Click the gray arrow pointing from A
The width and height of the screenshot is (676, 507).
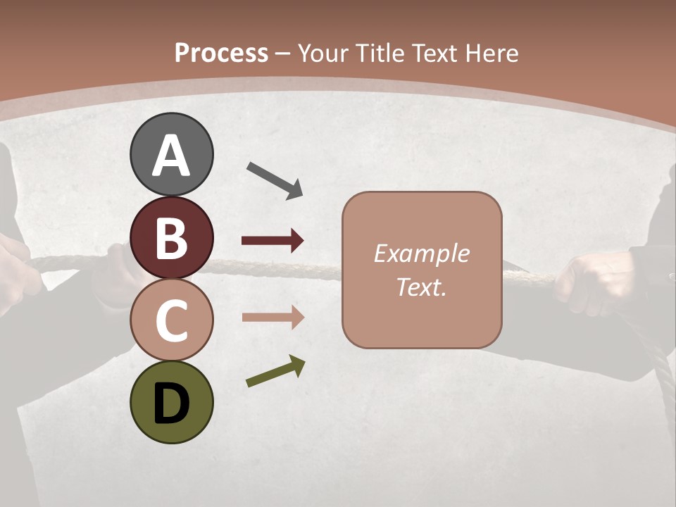coord(275,180)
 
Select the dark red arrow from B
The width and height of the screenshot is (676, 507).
coord(273,241)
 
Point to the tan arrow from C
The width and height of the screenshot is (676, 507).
coord(273,318)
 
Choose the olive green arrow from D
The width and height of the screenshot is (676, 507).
coord(275,371)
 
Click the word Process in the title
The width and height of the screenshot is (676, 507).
coord(221,53)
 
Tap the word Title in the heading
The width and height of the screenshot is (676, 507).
coord(377,53)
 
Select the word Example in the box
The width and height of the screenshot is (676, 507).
coord(421,254)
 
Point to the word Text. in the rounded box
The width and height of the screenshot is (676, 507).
coord(421,287)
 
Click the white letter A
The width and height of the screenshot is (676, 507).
coord(171,156)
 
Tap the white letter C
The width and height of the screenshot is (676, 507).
coord(171,320)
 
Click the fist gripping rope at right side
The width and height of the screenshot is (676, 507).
coord(588,282)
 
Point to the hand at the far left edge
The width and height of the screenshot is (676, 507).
coord(18,268)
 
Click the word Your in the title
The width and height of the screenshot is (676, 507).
coord(323,53)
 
